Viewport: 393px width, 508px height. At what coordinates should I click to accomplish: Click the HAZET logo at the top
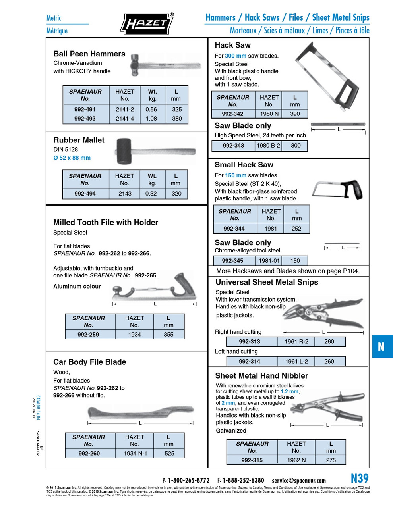(x=147, y=24)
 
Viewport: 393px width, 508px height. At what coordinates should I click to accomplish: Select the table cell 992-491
(x=85, y=109)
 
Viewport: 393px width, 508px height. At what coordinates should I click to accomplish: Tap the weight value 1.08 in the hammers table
(x=151, y=118)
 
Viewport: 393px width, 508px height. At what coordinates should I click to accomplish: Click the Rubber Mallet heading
(x=79, y=140)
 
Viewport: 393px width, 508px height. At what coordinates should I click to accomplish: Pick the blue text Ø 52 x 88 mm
(x=72, y=158)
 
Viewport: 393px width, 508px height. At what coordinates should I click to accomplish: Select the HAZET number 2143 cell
(x=124, y=194)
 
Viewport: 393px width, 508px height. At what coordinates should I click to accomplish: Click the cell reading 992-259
(x=88, y=334)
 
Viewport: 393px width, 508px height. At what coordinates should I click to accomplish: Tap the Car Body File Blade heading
(x=89, y=362)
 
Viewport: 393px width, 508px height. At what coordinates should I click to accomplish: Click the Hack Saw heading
(x=232, y=45)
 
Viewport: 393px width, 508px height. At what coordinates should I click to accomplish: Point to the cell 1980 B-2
(x=268, y=146)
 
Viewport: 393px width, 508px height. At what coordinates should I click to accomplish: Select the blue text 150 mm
(x=236, y=175)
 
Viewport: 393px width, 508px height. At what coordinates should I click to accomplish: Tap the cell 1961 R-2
(x=296, y=341)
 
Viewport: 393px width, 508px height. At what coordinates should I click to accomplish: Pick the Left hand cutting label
(x=236, y=351)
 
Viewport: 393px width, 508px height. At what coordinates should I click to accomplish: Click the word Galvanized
(x=231, y=431)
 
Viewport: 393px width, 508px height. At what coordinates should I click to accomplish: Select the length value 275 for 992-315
(x=331, y=460)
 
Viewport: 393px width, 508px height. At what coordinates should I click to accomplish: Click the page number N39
(x=359, y=478)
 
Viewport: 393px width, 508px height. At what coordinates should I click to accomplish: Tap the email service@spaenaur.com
(x=298, y=481)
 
